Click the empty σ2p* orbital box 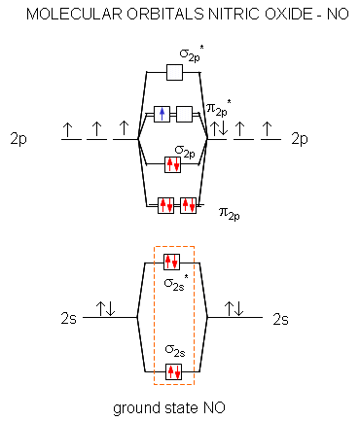coord(174,72)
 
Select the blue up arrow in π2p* coord(162,114)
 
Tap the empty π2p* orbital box coord(184,114)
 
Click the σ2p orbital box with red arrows coord(172,164)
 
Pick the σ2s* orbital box coord(171,262)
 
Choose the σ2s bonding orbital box coord(173,371)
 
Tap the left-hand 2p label coord(18,139)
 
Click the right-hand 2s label coord(280,319)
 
